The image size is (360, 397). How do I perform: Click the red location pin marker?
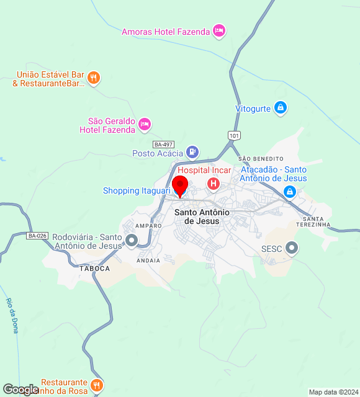pyautogui.click(x=180, y=185)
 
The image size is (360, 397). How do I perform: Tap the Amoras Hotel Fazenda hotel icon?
pyautogui.click(x=218, y=30)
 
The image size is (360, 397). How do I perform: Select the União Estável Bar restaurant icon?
pyautogui.click(x=94, y=78)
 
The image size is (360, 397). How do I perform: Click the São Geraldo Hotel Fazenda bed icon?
pyautogui.click(x=145, y=125)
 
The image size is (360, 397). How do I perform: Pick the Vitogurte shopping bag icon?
pyautogui.click(x=281, y=109)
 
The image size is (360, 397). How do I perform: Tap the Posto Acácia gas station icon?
pyautogui.click(x=192, y=152)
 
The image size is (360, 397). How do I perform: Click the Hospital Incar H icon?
pyautogui.click(x=213, y=184)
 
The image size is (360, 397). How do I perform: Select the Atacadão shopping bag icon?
pyautogui.click(x=289, y=192)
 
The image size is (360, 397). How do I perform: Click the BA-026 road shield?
pyautogui.click(x=37, y=236)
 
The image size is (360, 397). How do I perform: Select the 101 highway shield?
pyautogui.click(x=233, y=135)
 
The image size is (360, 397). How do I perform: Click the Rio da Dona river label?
pyautogui.click(x=12, y=316)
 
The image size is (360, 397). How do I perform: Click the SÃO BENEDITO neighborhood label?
pyautogui.click(x=261, y=159)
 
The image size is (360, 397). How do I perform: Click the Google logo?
pyautogui.click(x=20, y=389)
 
